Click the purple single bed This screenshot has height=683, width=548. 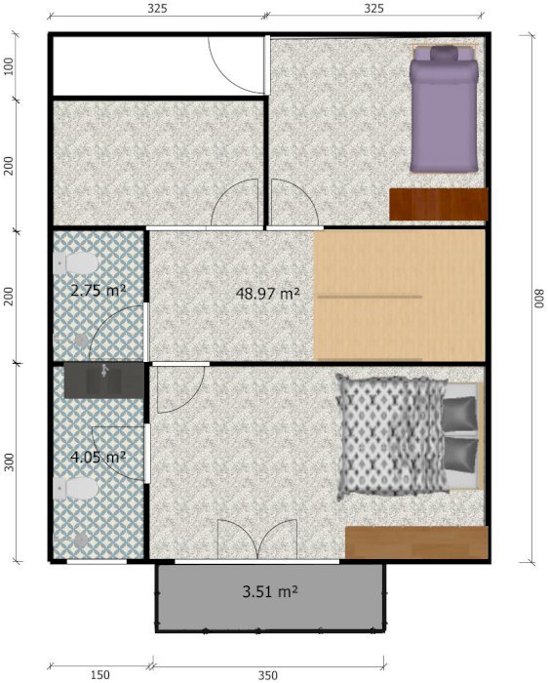pos(444,109)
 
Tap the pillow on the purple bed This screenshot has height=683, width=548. pos(445,54)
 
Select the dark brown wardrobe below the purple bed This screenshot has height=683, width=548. pos(439,204)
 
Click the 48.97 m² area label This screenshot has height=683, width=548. pos(268,293)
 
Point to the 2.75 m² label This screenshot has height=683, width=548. pos(98,290)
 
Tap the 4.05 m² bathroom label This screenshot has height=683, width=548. pos(98,457)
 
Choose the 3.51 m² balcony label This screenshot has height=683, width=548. pos(270,591)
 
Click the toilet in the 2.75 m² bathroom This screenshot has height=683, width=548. pos(76,262)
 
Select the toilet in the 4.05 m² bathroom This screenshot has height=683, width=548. pos(76,488)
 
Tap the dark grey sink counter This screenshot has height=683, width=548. pos(103,381)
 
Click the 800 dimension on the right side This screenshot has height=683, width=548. pos(540,299)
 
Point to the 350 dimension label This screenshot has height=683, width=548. pos(268,675)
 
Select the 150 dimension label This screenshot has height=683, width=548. pos(99,675)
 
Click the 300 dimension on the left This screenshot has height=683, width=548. pos(9,462)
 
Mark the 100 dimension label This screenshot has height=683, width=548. pos(9,66)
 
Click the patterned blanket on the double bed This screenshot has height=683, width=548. pos(392,437)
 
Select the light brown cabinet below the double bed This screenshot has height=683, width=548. pos(416,542)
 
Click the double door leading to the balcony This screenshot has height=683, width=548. pos(257,539)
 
